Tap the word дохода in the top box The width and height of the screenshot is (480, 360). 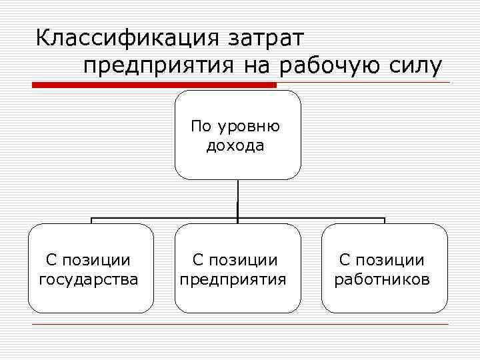[235, 145]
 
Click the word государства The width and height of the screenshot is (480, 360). [89, 279]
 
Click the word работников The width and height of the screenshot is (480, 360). [382, 279]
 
